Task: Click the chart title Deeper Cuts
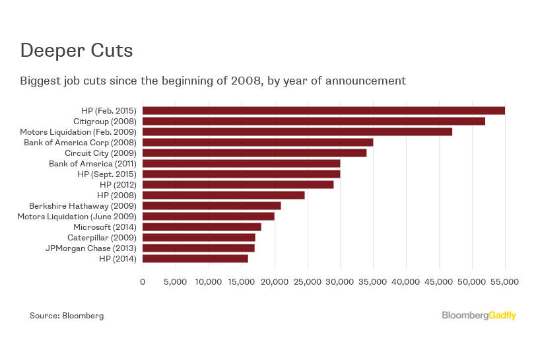pyautogui.click(x=76, y=50)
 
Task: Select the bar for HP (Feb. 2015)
pyautogui.click(x=323, y=110)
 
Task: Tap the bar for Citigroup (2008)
pyautogui.click(x=314, y=121)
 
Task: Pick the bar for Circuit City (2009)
pyautogui.click(x=254, y=153)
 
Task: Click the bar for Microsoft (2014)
pyautogui.click(x=202, y=227)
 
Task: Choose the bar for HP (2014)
pyautogui.click(x=195, y=258)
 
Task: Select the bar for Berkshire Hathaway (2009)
pyautogui.click(x=212, y=205)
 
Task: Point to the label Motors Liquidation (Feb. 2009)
pyautogui.click(x=78, y=131)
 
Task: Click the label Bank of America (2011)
pyautogui.click(x=92, y=163)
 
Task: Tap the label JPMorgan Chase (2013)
pyautogui.click(x=90, y=248)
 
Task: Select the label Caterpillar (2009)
pyautogui.click(x=102, y=237)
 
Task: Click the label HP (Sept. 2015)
pyautogui.click(x=106, y=174)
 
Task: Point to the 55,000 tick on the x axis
pyautogui.click(x=505, y=282)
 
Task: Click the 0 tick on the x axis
pyautogui.click(x=143, y=282)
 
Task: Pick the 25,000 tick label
pyautogui.click(x=307, y=282)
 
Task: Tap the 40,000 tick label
pyautogui.click(x=406, y=282)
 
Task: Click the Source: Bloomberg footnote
pyautogui.click(x=67, y=316)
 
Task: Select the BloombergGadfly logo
pyautogui.click(x=479, y=316)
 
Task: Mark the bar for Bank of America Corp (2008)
pyautogui.click(x=257, y=142)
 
